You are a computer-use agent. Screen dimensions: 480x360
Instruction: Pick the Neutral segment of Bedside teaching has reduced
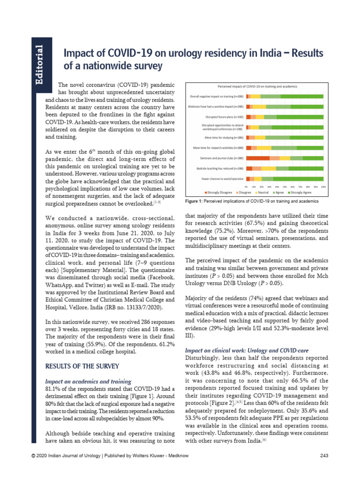269,168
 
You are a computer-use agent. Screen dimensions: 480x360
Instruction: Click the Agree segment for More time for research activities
284,148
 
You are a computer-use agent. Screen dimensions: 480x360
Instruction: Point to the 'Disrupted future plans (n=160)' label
224,117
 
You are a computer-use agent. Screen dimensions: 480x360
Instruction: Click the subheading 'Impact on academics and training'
88,382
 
